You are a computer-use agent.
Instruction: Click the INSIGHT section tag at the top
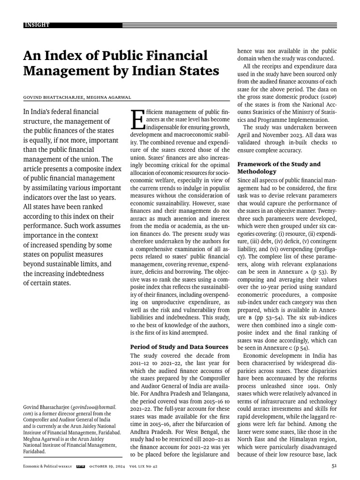[37, 24]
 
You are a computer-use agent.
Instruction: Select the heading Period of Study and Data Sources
[180, 346]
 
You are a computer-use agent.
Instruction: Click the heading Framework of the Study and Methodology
[279, 168]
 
